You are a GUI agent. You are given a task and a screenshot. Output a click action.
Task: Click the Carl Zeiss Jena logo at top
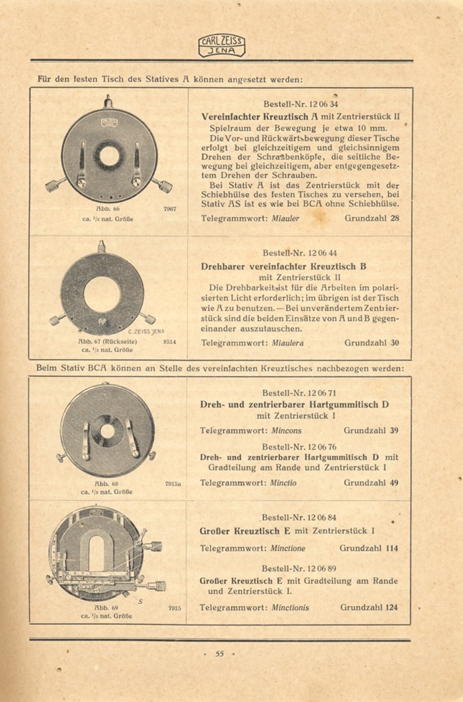click(x=222, y=46)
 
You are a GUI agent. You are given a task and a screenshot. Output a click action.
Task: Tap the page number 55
click(x=219, y=654)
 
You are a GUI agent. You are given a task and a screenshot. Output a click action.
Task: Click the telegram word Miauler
click(x=285, y=218)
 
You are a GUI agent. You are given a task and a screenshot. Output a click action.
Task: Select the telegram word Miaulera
click(x=287, y=343)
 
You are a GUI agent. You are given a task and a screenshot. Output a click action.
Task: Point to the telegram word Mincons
click(x=286, y=430)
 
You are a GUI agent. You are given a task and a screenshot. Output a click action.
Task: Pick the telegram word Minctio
click(x=284, y=483)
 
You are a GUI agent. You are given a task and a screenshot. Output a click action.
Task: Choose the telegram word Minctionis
click(x=290, y=608)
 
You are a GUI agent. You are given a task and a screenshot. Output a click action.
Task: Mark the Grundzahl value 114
click(x=392, y=548)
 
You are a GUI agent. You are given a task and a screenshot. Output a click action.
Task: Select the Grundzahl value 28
click(x=395, y=218)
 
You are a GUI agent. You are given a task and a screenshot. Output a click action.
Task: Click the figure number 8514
click(x=169, y=342)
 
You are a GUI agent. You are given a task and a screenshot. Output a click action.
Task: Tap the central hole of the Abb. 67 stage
click(x=102, y=294)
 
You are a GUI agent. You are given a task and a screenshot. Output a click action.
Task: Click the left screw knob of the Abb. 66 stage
click(x=53, y=186)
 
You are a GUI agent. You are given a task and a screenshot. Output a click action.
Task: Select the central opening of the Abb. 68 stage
click(x=107, y=431)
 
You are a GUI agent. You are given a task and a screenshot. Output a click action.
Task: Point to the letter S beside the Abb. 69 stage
click(x=140, y=601)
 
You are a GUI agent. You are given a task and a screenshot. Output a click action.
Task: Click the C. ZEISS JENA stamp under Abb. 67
click(x=146, y=331)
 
